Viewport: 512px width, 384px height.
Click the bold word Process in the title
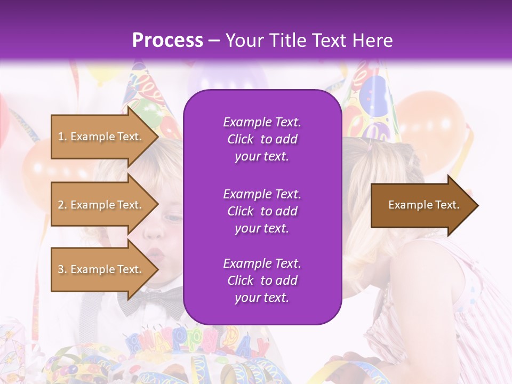point(167,41)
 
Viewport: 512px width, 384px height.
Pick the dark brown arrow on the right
point(421,205)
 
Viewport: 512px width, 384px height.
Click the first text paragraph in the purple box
point(262,139)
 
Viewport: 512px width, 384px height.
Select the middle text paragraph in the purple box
point(262,211)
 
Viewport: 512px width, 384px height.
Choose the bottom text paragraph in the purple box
point(262,281)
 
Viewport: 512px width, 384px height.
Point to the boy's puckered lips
point(156,254)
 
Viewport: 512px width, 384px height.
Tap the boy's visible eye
point(172,218)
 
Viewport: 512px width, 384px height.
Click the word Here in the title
point(372,41)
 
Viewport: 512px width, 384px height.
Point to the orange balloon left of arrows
point(37,171)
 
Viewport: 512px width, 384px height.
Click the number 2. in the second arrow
point(62,205)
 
